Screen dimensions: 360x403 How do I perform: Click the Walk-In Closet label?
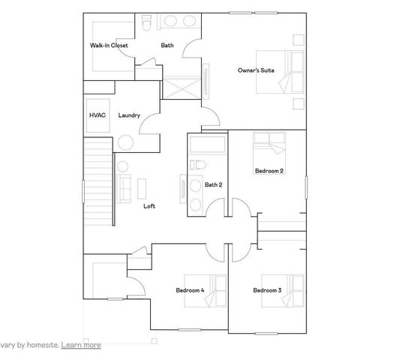click(109, 46)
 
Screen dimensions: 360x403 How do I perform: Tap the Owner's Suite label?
click(256, 70)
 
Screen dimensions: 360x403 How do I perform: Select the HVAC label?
click(98, 115)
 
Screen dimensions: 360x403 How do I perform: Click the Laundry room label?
click(129, 115)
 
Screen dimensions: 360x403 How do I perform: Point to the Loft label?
click(149, 206)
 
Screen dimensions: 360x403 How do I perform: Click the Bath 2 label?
click(214, 184)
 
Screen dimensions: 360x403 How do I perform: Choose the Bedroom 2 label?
click(269, 171)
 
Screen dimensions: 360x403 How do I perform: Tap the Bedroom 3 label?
click(267, 290)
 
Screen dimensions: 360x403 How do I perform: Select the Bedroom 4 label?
click(190, 290)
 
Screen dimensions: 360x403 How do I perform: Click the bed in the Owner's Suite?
click(278, 72)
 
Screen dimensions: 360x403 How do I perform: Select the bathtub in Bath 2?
click(206, 145)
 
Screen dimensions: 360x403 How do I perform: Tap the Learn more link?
click(81, 345)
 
